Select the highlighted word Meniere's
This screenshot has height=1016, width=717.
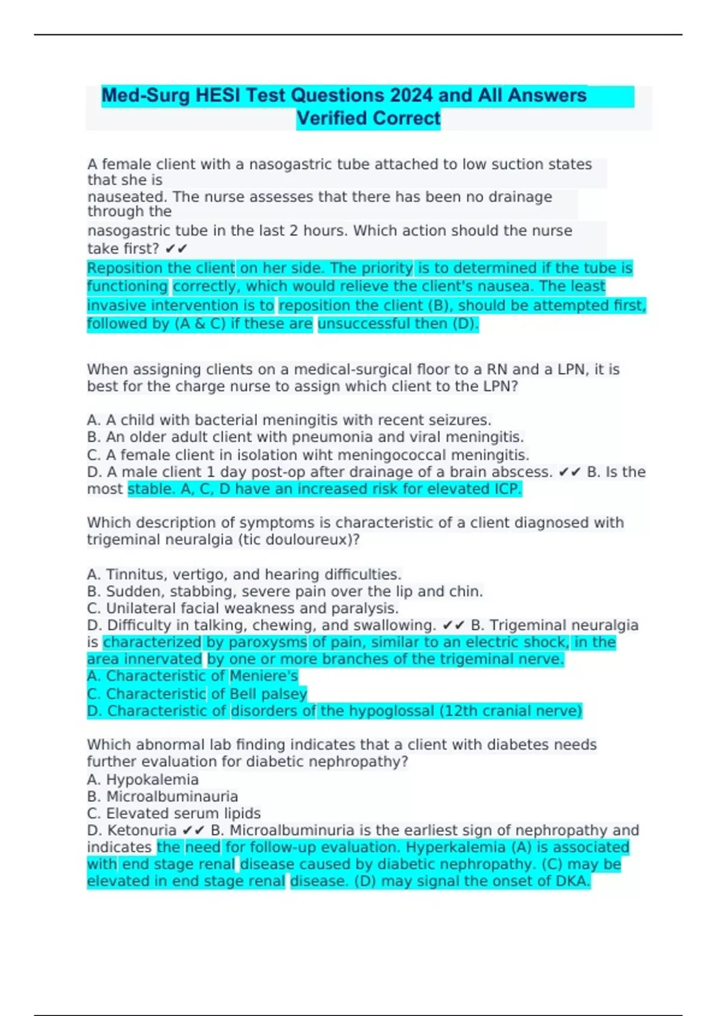click(x=263, y=676)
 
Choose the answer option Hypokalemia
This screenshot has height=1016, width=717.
click(x=152, y=779)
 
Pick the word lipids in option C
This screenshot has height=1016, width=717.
click(x=242, y=813)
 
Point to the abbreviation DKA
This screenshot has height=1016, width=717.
click(x=572, y=881)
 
